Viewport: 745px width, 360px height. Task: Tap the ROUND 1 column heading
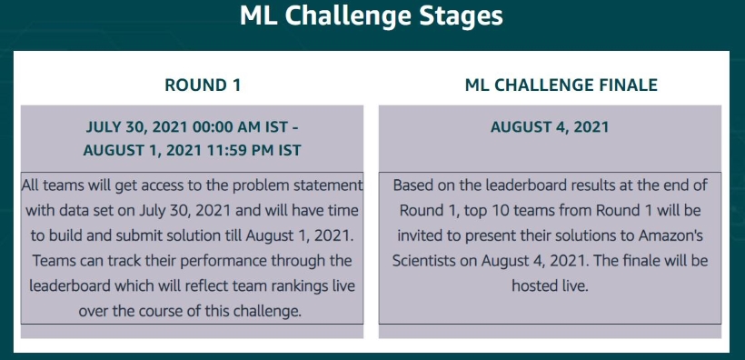click(x=203, y=85)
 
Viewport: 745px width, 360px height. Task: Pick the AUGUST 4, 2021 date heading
click(x=550, y=127)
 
